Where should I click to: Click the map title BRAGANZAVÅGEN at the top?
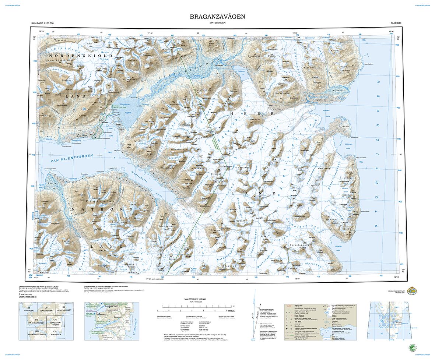[x=217, y=17]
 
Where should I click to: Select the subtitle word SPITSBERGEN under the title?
[x=217, y=23]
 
